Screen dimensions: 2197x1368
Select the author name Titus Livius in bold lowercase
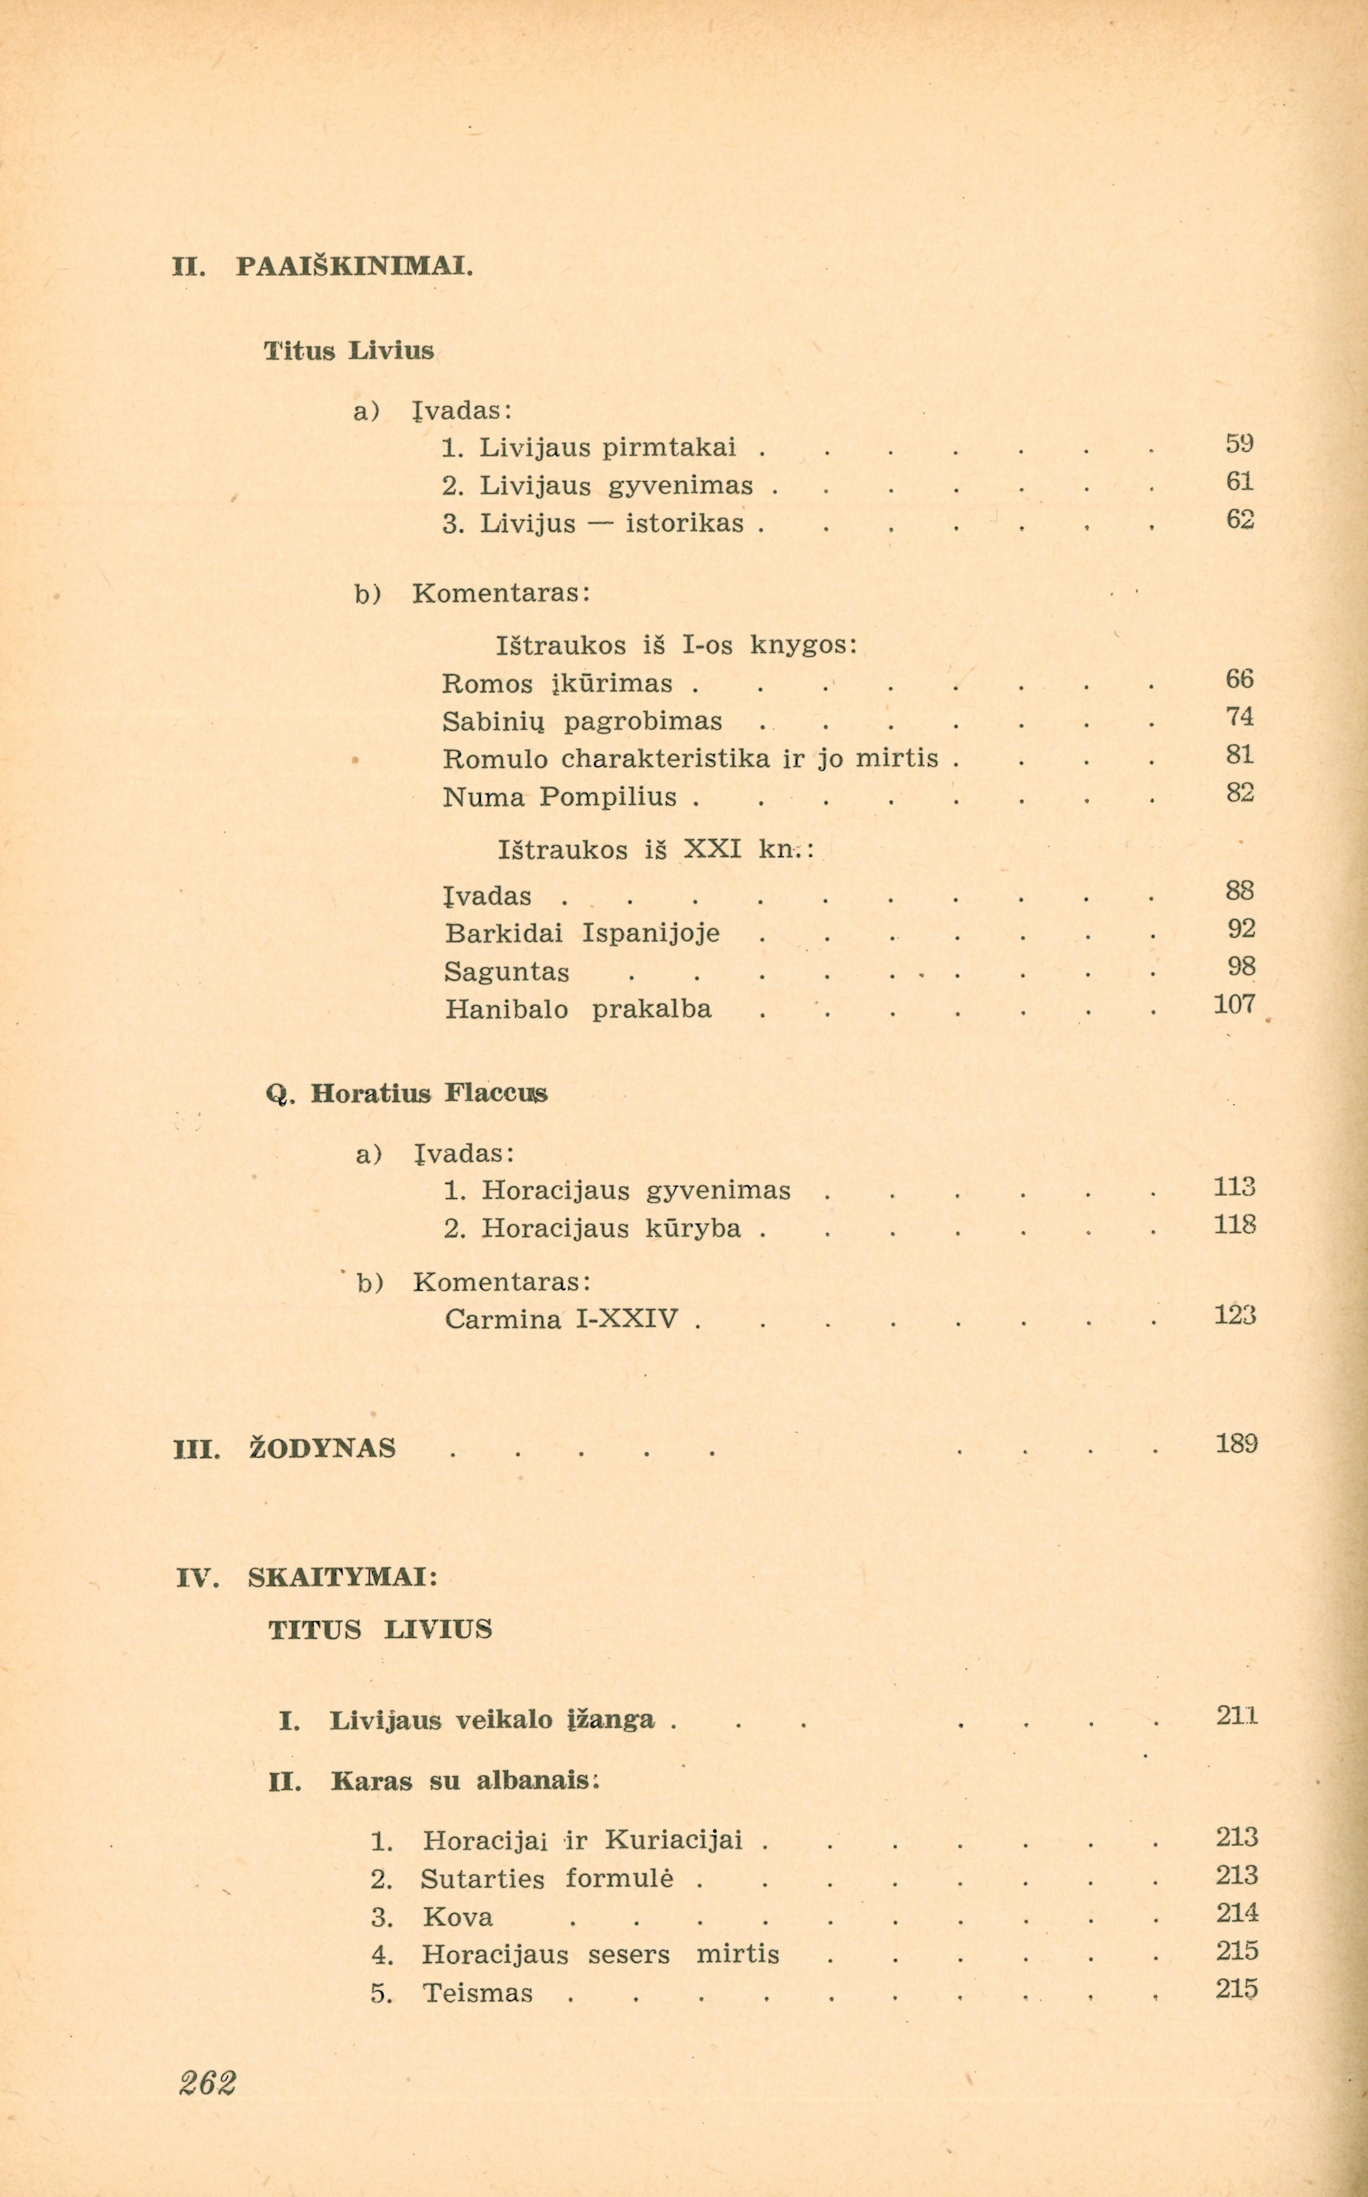coord(348,351)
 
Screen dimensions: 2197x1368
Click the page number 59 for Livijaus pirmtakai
coord(1239,444)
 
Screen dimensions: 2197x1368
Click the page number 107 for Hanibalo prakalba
coord(1234,1004)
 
